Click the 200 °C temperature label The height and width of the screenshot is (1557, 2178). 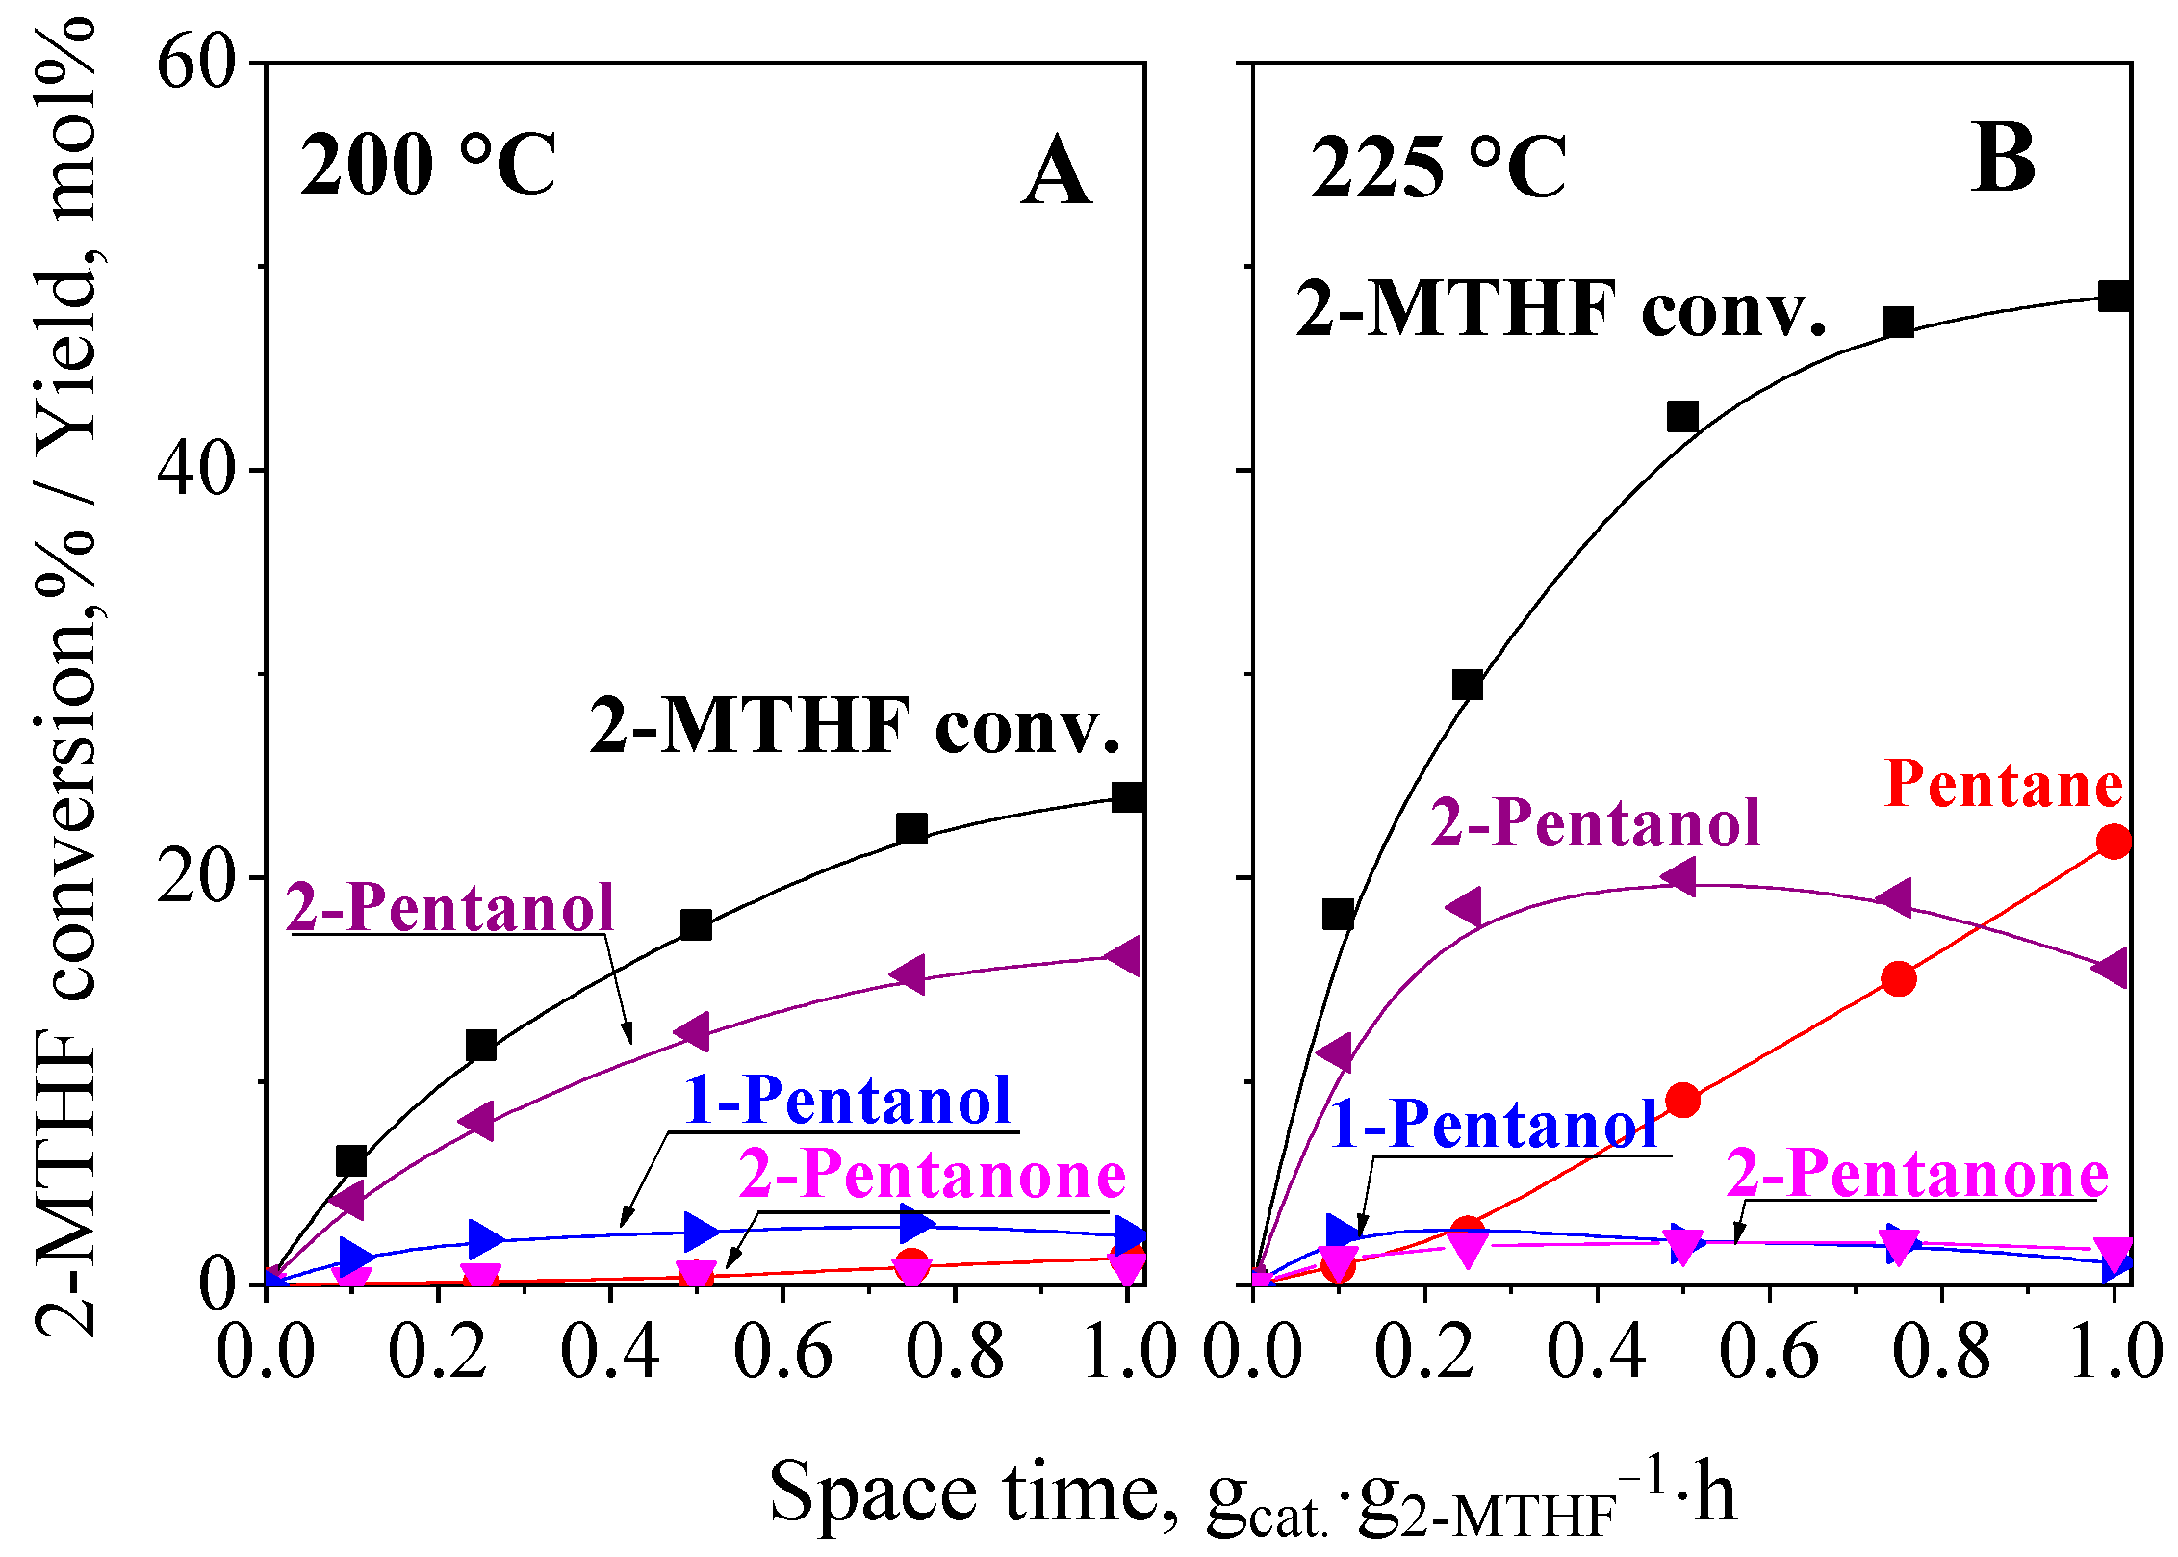pyautogui.click(x=428, y=166)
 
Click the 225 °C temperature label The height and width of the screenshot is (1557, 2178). pyautogui.click(x=1438, y=169)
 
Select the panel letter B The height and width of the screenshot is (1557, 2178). pyautogui.click(x=2003, y=160)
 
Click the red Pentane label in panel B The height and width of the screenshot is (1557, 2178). pyautogui.click(x=2003, y=785)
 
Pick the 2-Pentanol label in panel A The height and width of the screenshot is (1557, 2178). pyautogui.click(x=450, y=907)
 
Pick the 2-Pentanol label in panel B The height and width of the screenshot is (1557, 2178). pyautogui.click(x=1595, y=823)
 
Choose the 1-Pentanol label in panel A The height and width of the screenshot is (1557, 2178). pyautogui.click(x=847, y=1100)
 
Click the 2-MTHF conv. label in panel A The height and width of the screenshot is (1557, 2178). pyautogui.click(x=855, y=727)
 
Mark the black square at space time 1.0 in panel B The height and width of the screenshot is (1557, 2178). pyautogui.click(x=2114, y=296)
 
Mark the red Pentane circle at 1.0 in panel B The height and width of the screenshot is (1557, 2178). pyautogui.click(x=2114, y=842)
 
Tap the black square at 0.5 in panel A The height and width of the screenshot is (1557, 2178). pyautogui.click(x=696, y=925)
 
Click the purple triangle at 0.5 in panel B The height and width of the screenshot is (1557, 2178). pyautogui.click(x=1680, y=877)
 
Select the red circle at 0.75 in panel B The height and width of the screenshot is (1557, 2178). pyautogui.click(x=1898, y=979)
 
